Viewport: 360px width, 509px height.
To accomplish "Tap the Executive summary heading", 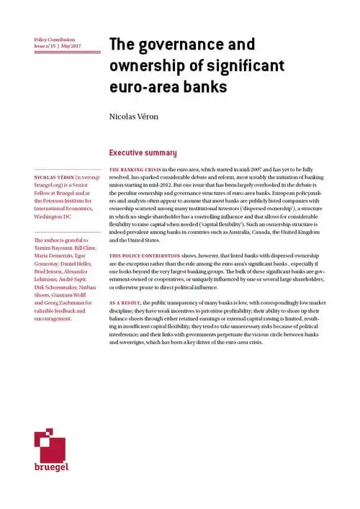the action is click(x=142, y=153).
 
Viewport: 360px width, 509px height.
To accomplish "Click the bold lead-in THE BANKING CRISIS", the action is click(x=132, y=168).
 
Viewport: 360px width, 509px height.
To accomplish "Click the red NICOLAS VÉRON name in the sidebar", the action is click(x=53, y=176).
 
